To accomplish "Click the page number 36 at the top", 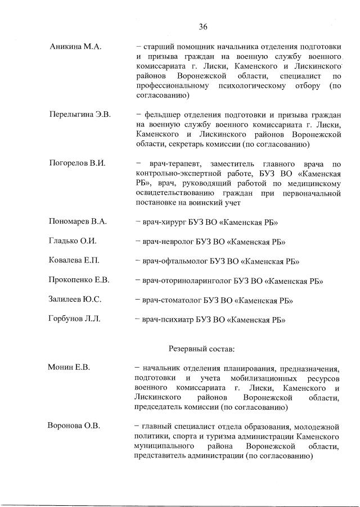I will (203, 26).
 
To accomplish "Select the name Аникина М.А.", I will (75, 47).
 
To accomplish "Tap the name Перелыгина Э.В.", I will (80, 114).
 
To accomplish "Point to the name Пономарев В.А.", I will (79, 222).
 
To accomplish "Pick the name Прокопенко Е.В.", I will (79, 280).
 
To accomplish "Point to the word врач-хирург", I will (164, 223).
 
